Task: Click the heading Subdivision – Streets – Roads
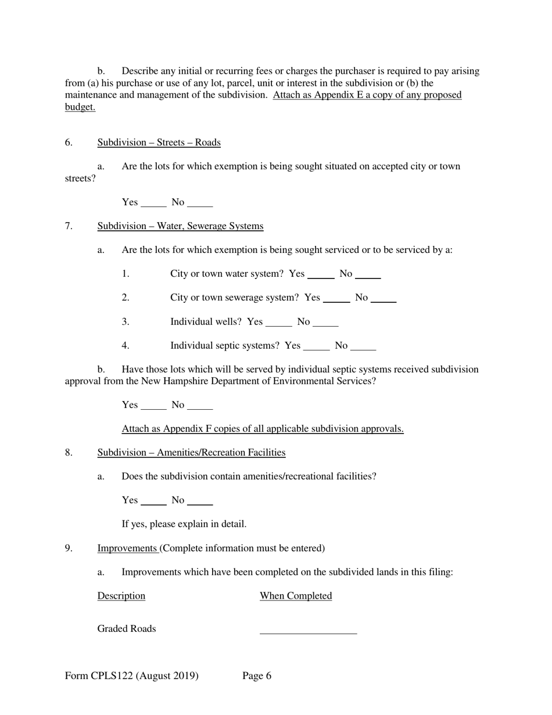pyautogui.click(x=159, y=142)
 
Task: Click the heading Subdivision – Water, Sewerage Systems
pyautogui.click(x=180, y=226)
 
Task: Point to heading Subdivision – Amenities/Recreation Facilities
pyautogui.click(x=191, y=452)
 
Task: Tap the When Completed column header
pyautogui.click(x=296, y=596)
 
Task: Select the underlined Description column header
pyautogui.click(x=121, y=596)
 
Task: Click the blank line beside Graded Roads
pyautogui.click(x=308, y=631)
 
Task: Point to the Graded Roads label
pyautogui.click(x=126, y=629)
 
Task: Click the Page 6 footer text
pyautogui.click(x=257, y=675)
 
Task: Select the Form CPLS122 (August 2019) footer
pyautogui.click(x=132, y=675)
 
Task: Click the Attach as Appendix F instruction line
pyautogui.click(x=262, y=429)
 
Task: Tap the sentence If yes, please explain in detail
pyautogui.click(x=184, y=524)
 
